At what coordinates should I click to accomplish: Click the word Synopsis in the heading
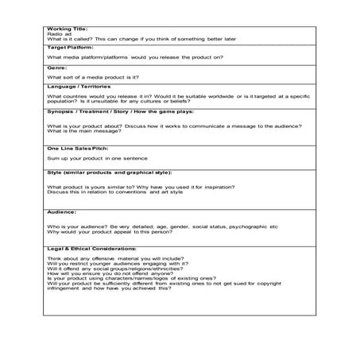click(60, 112)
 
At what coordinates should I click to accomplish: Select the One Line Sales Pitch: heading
click(77, 149)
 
